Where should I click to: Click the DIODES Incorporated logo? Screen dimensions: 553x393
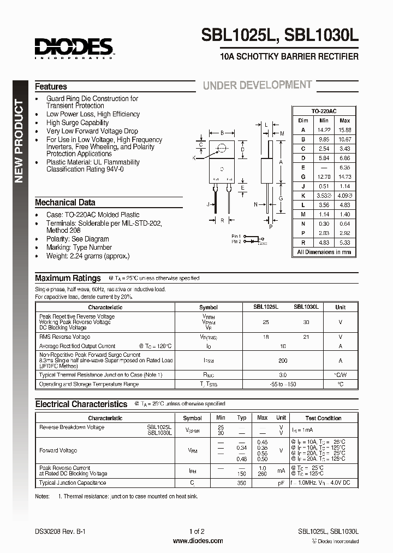click(x=74, y=48)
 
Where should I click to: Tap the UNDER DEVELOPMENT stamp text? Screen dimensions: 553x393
click(x=257, y=85)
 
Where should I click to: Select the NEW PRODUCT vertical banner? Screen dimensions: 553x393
click(x=19, y=141)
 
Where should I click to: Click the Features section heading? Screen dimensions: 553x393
click(x=51, y=86)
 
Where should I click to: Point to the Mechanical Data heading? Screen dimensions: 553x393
click(x=65, y=202)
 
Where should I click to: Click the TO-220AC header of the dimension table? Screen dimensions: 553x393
click(x=324, y=110)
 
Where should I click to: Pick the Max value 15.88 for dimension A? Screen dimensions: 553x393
click(x=344, y=130)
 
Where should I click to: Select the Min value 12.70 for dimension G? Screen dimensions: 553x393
click(x=324, y=177)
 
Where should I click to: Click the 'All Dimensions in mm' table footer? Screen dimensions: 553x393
click(x=324, y=252)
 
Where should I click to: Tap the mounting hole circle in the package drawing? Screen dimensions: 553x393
click(x=222, y=148)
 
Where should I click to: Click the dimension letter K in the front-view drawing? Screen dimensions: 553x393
click(x=194, y=157)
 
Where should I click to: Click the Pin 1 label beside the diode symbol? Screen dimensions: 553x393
click(x=236, y=236)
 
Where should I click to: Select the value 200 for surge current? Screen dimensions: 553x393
click(x=282, y=361)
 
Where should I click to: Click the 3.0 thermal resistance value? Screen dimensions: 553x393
click(x=282, y=375)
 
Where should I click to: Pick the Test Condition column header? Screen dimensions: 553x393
click(x=324, y=418)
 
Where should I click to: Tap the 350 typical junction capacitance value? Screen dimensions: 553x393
click(x=242, y=483)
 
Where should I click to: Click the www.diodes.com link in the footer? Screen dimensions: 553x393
click(x=198, y=541)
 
